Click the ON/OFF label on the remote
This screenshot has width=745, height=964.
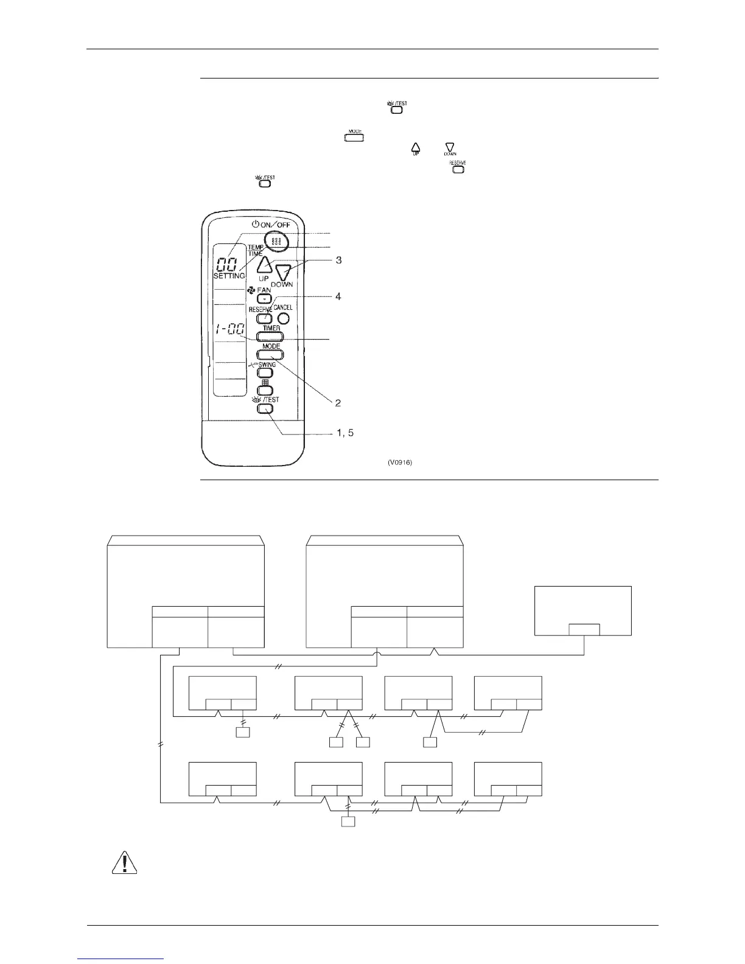[275, 224]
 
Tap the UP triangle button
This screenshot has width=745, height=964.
[264, 265]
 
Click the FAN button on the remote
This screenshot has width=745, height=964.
[264, 298]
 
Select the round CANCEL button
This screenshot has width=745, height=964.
[282, 318]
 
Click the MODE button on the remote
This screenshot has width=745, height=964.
[271, 354]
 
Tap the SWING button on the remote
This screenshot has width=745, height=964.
[266, 372]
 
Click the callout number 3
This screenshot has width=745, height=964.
[338, 260]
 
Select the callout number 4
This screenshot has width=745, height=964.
[338, 296]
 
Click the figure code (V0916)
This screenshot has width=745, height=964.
[400, 463]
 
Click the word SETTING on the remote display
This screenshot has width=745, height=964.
[229, 276]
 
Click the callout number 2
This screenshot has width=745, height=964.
[337, 402]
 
